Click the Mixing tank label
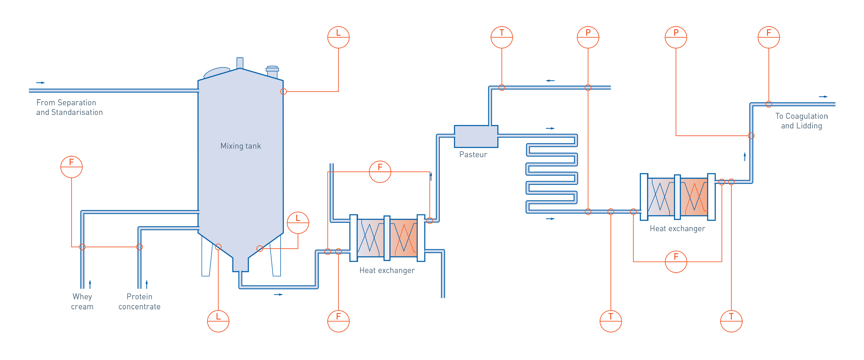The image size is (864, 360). [x=241, y=146]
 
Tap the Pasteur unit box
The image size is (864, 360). [x=476, y=136]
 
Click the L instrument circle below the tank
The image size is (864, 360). [x=218, y=321]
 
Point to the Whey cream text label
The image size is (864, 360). [x=82, y=302]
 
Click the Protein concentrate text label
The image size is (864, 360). [x=139, y=302]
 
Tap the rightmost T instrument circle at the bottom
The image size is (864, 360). [x=731, y=321]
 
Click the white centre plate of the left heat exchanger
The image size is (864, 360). [x=387, y=238]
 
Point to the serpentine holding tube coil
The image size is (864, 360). [x=552, y=174]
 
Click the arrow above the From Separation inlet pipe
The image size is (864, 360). [x=40, y=83]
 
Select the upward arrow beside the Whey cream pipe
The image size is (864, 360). [x=90, y=284]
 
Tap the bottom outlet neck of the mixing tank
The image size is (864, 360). [x=240, y=265]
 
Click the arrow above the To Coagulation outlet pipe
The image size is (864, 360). [x=823, y=97]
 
